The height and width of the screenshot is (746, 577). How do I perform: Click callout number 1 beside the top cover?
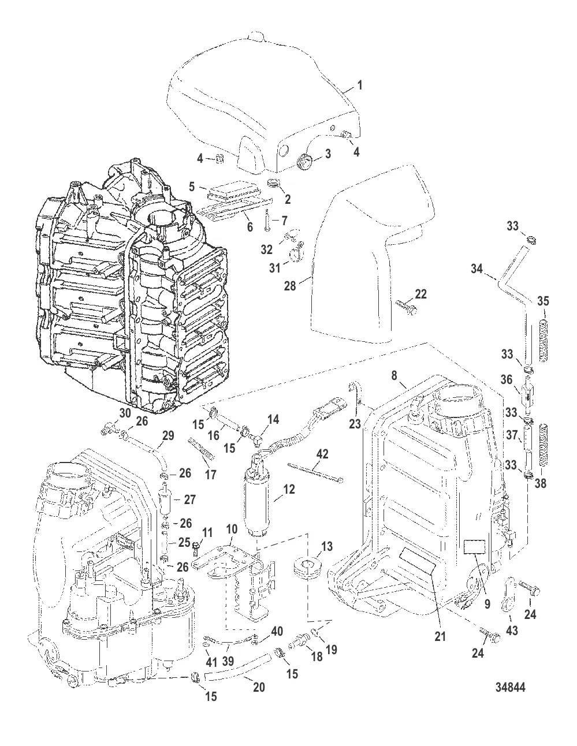click(x=359, y=85)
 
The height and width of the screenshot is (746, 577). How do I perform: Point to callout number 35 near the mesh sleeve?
click(x=544, y=301)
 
